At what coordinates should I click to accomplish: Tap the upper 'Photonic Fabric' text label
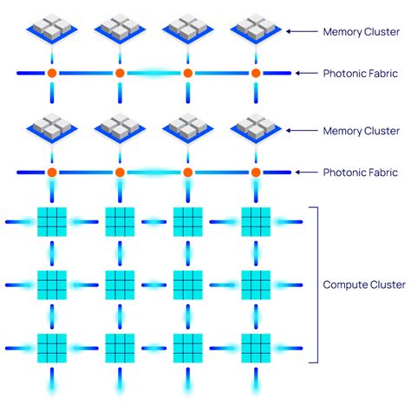(360, 74)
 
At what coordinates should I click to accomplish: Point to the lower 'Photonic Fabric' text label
(360, 173)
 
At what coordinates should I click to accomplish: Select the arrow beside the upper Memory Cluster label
(300, 32)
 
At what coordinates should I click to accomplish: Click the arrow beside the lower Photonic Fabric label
(300, 173)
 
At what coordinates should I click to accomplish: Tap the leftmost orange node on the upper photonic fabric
(52, 74)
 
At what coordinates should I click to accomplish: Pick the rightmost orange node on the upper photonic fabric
(256, 74)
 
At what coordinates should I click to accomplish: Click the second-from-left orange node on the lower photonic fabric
(120, 173)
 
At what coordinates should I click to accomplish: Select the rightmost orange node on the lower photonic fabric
(256, 173)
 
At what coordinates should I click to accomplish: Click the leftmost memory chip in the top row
(52, 28)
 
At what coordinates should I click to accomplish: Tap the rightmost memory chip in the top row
(256, 28)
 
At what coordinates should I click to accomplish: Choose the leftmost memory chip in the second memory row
(52, 127)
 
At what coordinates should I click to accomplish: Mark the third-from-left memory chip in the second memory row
(187, 127)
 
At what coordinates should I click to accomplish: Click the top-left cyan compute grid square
(52, 222)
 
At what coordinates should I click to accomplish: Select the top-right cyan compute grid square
(256, 222)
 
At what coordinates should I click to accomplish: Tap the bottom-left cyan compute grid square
(52, 348)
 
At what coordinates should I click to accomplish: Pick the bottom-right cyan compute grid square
(256, 348)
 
